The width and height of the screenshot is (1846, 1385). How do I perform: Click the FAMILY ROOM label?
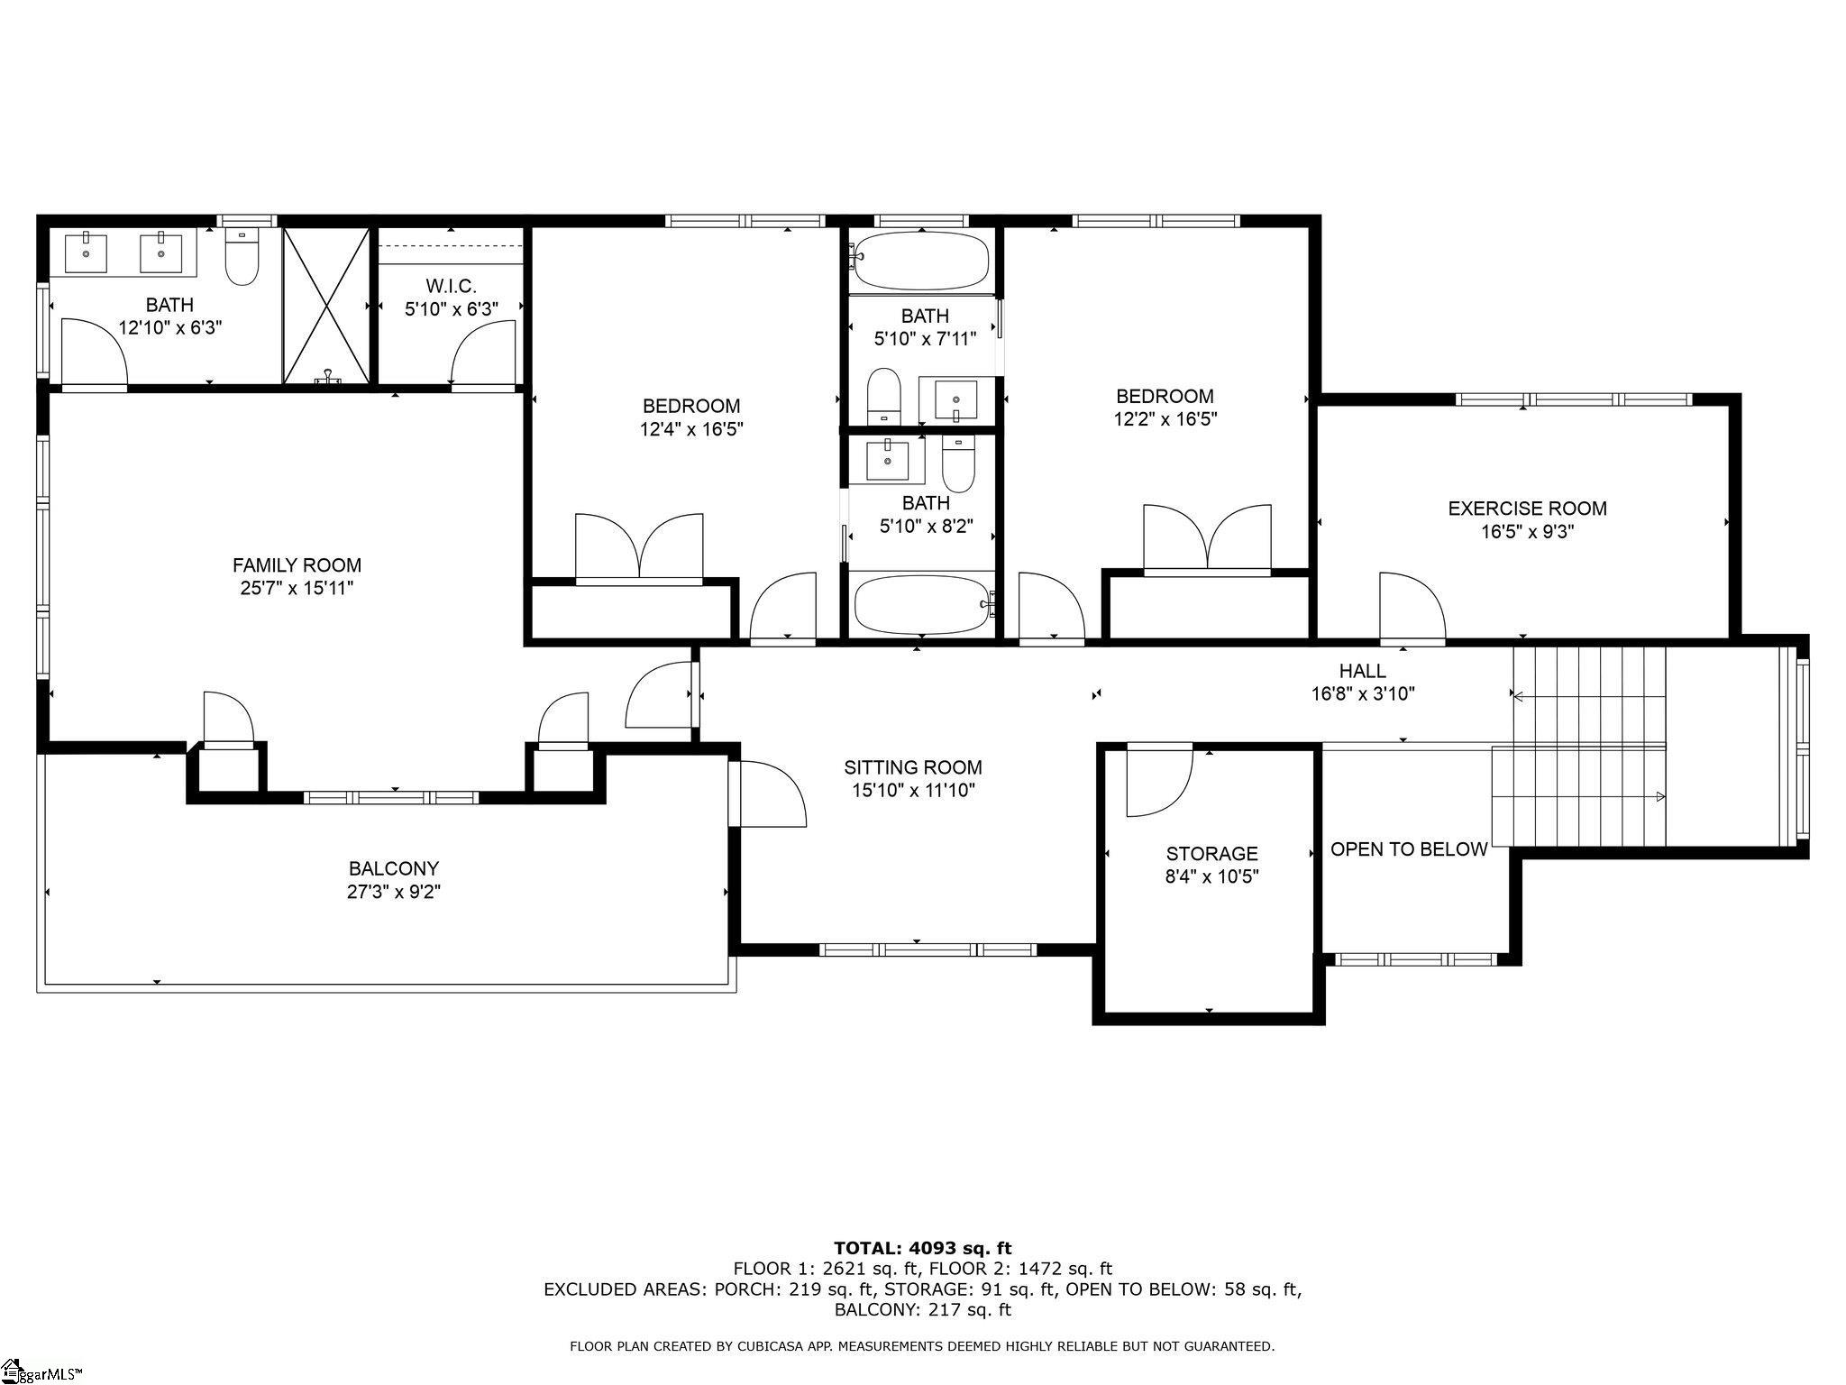point(297,565)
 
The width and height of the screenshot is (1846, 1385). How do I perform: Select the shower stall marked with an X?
point(326,306)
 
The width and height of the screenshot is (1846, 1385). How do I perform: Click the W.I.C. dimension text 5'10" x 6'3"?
point(451,309)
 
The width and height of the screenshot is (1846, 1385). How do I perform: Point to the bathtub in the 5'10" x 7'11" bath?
point(921,261)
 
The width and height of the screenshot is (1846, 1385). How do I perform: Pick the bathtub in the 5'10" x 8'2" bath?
point(921,606)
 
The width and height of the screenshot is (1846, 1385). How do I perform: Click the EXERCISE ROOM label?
point(1527,509)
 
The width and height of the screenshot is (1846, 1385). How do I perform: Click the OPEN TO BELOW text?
point(1408,849)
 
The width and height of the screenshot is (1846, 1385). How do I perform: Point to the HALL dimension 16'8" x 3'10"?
point(1363,694)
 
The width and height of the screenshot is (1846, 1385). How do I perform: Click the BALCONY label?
point(394,869)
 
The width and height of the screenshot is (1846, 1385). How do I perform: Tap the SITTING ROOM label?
point(912,767)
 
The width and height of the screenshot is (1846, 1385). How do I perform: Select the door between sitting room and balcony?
point(768,793)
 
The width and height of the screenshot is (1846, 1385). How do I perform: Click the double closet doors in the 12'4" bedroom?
point(639,547)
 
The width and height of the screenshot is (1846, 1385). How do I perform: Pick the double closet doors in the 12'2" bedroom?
point(1207,538)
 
